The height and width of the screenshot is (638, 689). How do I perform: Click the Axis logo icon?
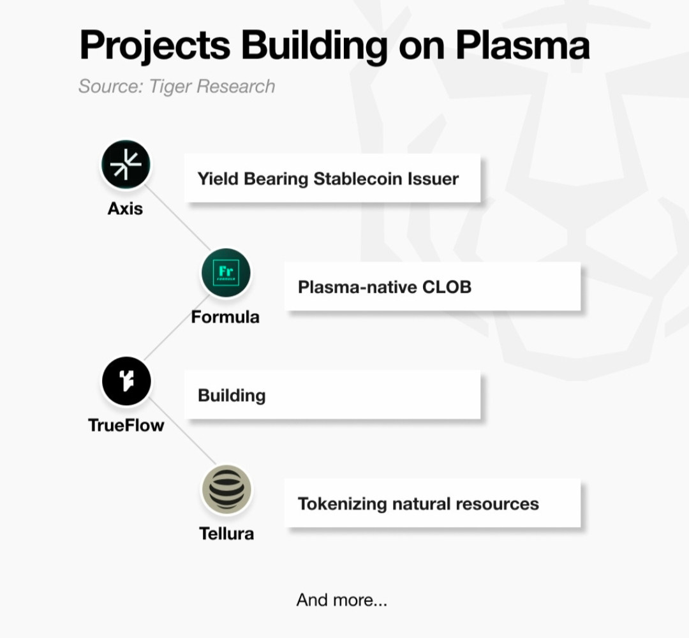(x=126, y=165)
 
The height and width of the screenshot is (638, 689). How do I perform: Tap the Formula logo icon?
(x=226, y=272)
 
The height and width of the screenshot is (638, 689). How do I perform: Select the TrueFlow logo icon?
(x=126, y=381)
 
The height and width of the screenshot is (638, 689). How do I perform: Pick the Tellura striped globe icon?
(x=226, y=489)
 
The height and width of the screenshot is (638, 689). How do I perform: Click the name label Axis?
(x=125, y=209)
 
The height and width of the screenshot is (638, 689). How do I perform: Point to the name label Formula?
(x=225, y=316)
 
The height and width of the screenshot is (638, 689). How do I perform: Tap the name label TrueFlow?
(x=126, y=425)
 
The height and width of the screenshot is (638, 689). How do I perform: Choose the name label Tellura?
(x=226, y=533)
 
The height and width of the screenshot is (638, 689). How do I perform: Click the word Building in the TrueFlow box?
(x=232, y=396)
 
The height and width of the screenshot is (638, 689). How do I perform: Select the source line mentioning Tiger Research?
(x=177, y=86)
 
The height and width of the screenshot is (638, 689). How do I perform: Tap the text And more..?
(x=341, y=600)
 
